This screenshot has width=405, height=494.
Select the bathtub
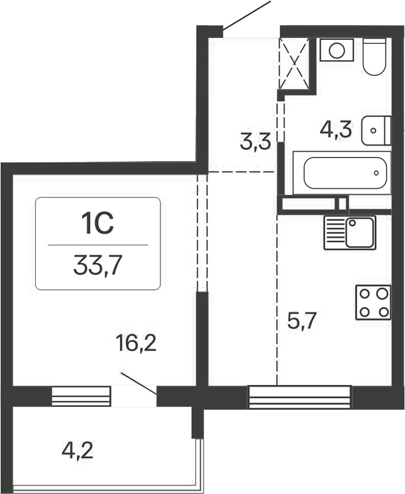[342, 173]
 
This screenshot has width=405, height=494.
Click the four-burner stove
[372, 302]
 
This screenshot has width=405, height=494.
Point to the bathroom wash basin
[376, 130]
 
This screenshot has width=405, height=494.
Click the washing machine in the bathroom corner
[336, 50]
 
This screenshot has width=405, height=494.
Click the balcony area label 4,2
[78, 454]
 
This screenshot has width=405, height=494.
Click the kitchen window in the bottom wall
[300, 397]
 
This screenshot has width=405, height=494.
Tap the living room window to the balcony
[81, 397]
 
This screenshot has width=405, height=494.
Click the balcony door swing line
[138, 383]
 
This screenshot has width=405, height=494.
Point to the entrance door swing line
[247, 15]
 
